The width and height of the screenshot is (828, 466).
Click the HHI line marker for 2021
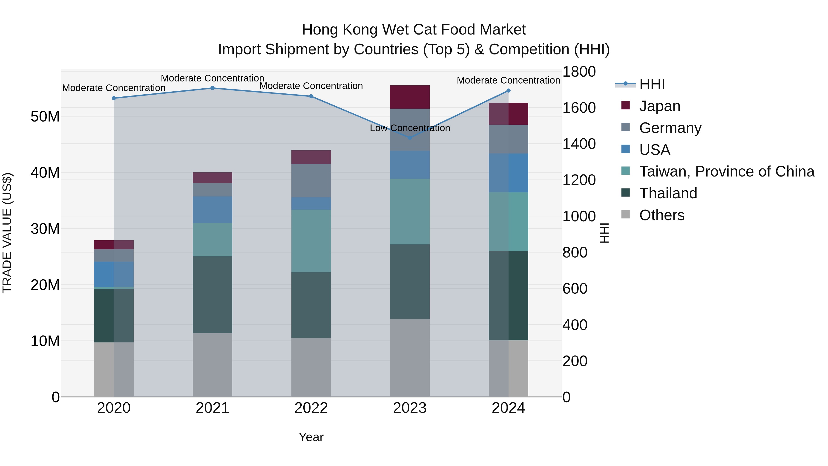click(213, 88)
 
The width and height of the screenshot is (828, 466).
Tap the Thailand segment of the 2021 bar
click(213, 295)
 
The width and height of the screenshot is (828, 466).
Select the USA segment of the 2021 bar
click(213, 210)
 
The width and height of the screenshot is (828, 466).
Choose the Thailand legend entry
click(668, 193)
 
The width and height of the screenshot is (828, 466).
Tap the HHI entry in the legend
click(652, 84)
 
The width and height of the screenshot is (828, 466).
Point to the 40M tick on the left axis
click(45, 173)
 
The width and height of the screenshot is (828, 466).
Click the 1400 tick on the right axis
click(579, 144)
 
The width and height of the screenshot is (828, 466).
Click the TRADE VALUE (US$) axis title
click(7, 233)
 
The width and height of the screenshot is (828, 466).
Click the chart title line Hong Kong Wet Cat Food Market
click(414, 30)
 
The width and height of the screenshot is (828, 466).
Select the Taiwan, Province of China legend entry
click(726, 171)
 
